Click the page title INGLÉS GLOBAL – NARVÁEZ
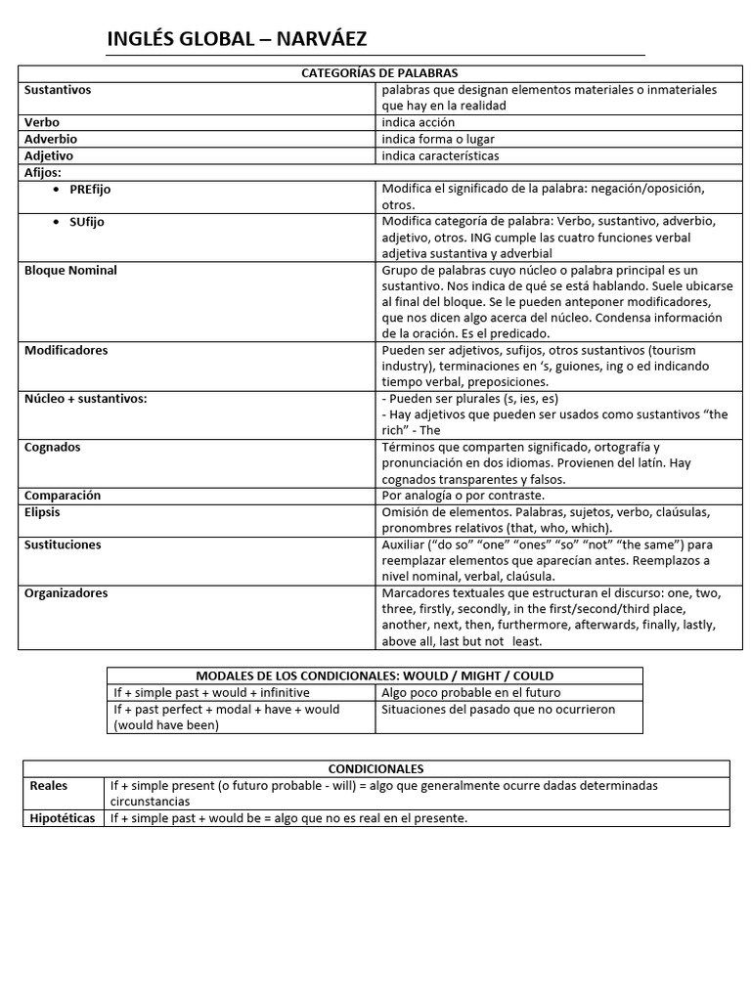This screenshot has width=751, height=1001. pos(237,39)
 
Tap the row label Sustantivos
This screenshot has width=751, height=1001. pos(58,90)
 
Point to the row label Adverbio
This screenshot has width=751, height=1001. pos(51,140)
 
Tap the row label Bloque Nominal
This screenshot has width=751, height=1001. pos(70,270)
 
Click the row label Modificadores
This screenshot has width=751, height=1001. pos(66,350)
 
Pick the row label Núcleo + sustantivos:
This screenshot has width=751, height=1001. pos(86,399)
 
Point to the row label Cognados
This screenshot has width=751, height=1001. pos(53,447)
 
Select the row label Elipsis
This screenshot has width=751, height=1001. pos(44,511)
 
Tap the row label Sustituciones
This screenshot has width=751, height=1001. pos(63,544)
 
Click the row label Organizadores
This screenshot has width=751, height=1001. pos(66,593)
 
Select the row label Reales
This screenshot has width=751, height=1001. pos(49,785)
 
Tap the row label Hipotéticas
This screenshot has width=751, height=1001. pos(63,818)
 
